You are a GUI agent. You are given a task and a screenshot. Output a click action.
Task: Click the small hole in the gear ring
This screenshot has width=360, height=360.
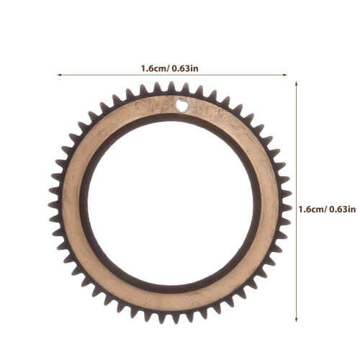tap(182, 105)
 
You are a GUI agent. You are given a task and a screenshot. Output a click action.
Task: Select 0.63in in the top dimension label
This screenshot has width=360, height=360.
tap(185, 68)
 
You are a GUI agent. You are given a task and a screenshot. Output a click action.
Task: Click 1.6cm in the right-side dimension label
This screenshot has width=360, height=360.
tap(311, 210)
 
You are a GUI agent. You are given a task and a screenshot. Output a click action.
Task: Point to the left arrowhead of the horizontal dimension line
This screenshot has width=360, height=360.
tap(59, 75)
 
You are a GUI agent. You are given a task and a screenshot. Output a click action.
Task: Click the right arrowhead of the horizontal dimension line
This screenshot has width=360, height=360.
tap(285, 75)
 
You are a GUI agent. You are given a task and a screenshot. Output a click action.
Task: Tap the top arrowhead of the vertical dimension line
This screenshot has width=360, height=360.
tap(297, 84)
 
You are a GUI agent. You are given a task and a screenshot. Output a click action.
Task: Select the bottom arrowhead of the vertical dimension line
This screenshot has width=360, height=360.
tap(297, 320)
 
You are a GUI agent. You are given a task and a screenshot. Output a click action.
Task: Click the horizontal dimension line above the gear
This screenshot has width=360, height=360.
tap(172, 75)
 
